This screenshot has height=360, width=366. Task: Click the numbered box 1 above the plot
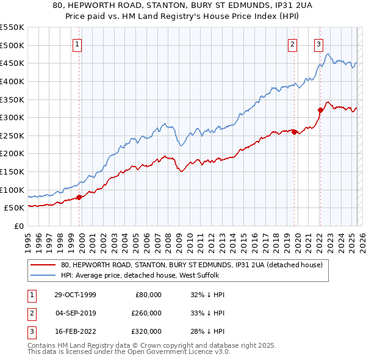click(79, 43)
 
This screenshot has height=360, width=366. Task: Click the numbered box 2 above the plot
click(293, 43)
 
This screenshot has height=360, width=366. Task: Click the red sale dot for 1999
click(79, 196)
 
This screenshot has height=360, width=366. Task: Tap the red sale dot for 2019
click(294, 131)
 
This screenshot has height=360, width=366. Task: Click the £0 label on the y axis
click(18, 226)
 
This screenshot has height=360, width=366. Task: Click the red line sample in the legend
click(43, 265)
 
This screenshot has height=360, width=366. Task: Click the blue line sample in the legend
click(43, 275)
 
